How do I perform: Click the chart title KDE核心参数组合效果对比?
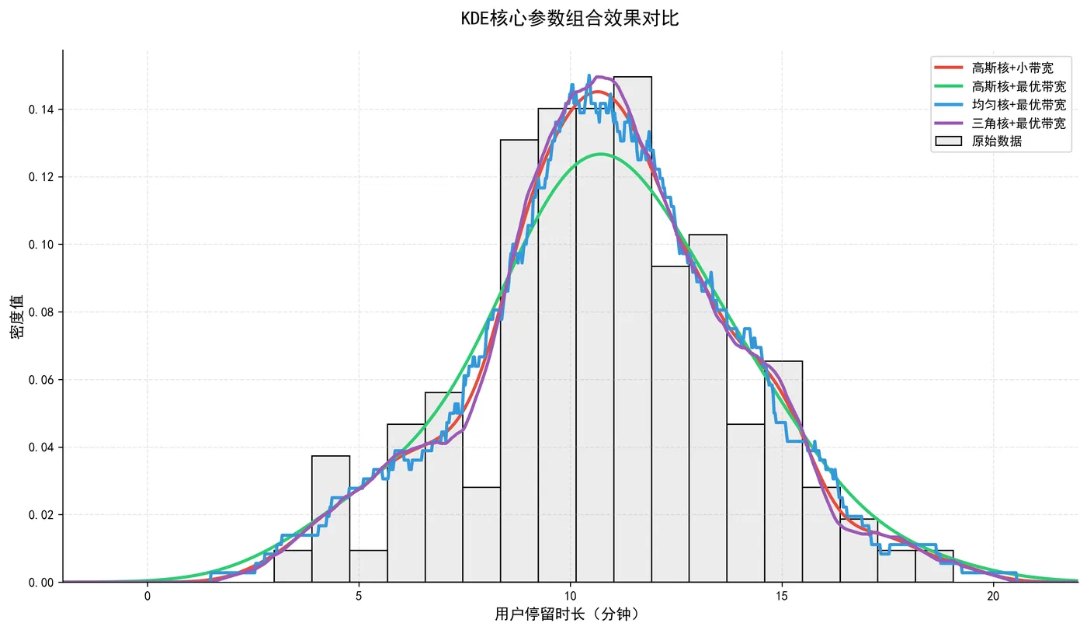click(x=570, y=19)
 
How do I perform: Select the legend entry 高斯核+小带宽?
click(x=1012, y=68)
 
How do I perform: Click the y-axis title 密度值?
click(x=16, y=315)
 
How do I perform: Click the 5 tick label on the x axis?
click(x=359, y=596)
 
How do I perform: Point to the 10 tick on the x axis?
click(x=570, y=596)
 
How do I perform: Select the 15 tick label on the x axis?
click(x=782, y=596)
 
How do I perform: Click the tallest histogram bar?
click(x=633, y=334)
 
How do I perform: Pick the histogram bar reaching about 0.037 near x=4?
click(x=331, y=520)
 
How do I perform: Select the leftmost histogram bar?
click(x=293, y=567)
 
